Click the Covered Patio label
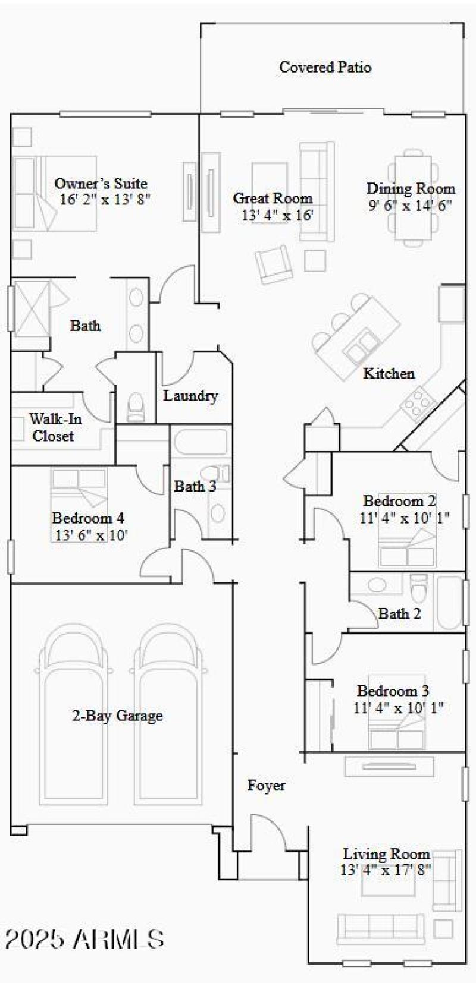pos(325,67)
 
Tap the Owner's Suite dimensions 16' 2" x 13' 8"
pos(105,199)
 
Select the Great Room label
pos(273,198)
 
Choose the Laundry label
pos(190,396)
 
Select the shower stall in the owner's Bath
pos(30,307)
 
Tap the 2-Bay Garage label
pos(117,716)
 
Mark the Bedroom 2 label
pos(399,501)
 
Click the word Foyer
pos(266,786)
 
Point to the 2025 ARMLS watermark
pos(84,939)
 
